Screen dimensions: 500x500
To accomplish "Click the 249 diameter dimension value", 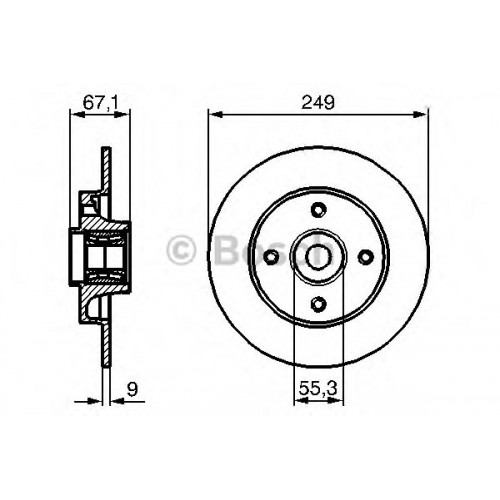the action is click(x=318, y=102).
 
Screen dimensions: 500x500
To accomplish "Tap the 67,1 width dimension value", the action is click(x=100, y=102).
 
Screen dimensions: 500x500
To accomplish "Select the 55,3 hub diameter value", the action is click(x=318, y=388).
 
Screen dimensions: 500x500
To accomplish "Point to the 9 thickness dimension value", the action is click(x=132, y=389).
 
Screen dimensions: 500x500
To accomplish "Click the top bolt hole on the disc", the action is click(x=318, y=210).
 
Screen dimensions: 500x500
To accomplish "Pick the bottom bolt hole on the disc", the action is click(x=318, y=303).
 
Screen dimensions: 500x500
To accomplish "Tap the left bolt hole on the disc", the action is click(x=272, y=257).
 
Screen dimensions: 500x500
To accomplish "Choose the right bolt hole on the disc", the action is click(x=366, y=257).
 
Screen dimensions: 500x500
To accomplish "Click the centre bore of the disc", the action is click(x=319, y=256).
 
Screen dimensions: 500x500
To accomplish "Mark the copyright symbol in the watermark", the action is click(x=180, y=251).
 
